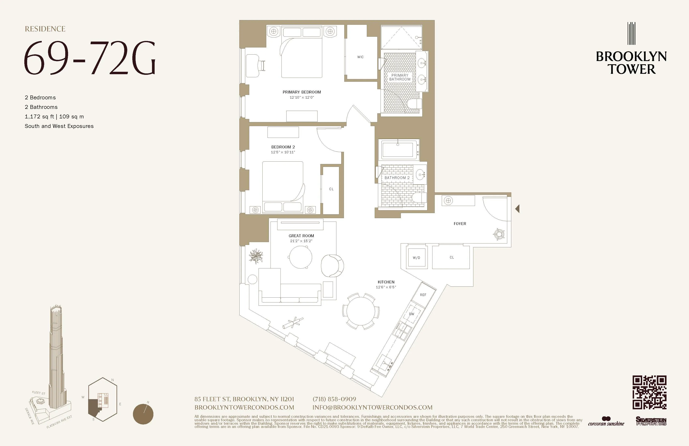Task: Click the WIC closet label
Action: point(361,57)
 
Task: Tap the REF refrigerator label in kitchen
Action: point(423,295)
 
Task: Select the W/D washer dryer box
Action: point(417,257)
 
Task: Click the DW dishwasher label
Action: point(411,314)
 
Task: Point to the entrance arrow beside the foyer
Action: point(517,209)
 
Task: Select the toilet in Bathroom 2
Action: point(419,198)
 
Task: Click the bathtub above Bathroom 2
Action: point(398,149)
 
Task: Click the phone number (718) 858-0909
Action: point(334,399)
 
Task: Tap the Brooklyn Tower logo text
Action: point(631,63)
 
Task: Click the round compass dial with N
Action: point(143,414)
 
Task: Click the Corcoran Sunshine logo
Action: point(606,422)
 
